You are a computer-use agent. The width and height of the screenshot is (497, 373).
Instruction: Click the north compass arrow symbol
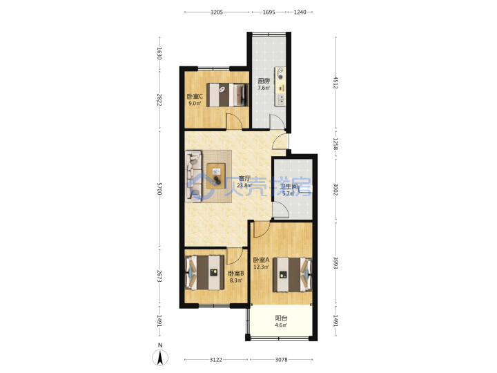160,358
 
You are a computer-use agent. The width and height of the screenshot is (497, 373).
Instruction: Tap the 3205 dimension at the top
217,12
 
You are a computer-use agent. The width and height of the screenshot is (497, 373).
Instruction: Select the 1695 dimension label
269,12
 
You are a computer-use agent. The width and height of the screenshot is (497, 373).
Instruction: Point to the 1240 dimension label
300,12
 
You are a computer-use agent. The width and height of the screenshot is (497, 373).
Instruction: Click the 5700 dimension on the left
159,189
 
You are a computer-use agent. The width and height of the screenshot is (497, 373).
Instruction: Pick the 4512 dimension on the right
335,82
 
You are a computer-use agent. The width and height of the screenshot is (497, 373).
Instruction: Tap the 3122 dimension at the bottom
216,360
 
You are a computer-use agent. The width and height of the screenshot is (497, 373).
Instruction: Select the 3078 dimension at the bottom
281,360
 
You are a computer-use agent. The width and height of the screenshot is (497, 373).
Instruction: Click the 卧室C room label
195,97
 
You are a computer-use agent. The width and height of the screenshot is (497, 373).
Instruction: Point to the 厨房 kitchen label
264,81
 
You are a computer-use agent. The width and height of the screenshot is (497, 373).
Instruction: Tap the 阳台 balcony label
281,318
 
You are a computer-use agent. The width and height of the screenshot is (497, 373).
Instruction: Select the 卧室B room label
236,274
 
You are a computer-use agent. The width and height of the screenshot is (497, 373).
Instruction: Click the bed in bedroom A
292,274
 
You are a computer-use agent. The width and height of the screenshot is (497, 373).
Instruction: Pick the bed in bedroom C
227,95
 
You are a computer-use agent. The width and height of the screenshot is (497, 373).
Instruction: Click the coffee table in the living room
216,176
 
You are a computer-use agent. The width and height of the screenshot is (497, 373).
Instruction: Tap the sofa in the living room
194,176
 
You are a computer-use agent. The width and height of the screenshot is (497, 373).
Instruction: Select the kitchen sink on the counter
281,99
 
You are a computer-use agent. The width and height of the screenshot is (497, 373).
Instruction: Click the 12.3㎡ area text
261,267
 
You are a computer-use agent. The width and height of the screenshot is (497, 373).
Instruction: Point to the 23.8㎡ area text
244,186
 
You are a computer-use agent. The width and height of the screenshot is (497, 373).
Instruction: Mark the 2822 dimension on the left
159,99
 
